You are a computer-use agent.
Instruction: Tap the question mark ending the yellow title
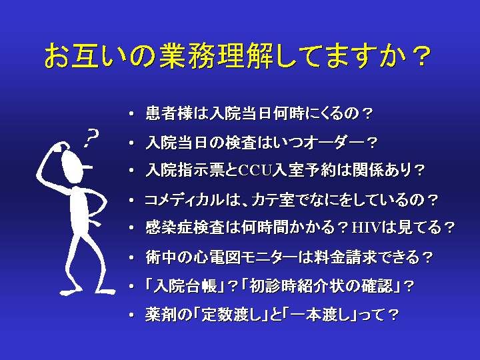pos(421,55)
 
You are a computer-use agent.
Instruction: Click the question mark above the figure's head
pos(91,138)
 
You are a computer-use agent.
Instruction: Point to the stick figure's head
pos(72,165)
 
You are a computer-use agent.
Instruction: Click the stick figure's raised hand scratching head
pos(62,146)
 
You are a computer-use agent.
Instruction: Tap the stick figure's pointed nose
pos(87,167)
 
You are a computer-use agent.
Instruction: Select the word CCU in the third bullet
pos(255,170)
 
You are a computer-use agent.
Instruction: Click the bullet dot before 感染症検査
pos(131,228)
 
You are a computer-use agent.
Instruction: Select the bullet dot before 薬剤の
pos(131,315)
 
